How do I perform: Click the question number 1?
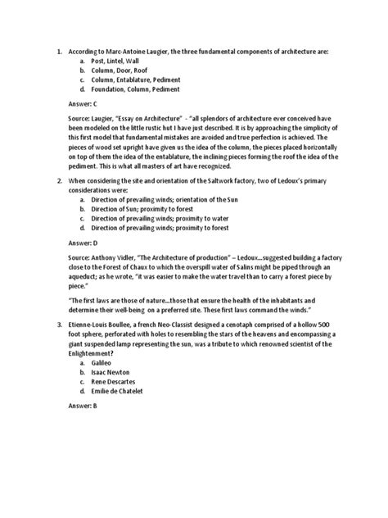58,51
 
